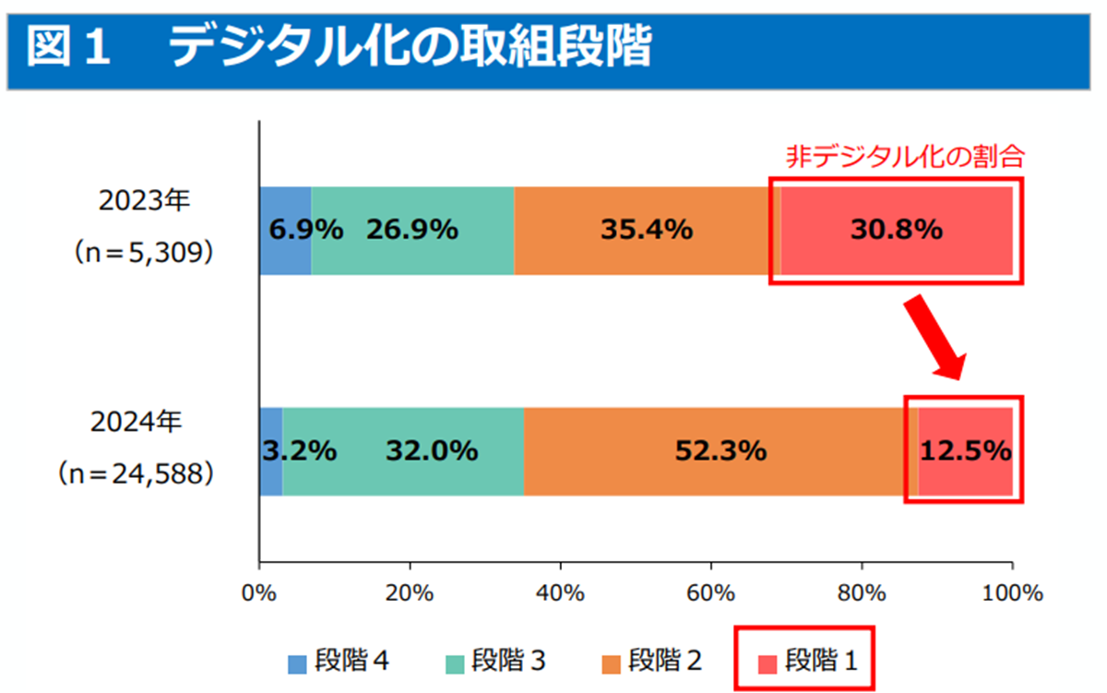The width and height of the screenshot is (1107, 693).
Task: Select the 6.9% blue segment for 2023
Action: [x=286, y=231]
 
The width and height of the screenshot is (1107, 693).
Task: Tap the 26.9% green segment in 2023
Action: [x=411, y=231]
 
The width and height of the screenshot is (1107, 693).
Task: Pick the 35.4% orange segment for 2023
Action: [x=646, y=231]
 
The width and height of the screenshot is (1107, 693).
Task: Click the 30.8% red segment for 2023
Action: [x=896, y=231]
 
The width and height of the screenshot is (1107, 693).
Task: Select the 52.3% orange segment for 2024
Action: [x=720, y=451]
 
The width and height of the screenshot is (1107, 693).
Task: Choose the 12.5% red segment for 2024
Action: [x=965, y=451]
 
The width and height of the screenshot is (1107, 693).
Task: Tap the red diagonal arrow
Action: [x=934, y=337]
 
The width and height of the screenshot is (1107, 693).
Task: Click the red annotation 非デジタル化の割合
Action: [x=905, y=156]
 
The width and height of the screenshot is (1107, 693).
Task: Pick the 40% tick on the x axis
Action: [x=561, y=591]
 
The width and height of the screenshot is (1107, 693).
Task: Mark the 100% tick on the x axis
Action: [x=1012, y=591]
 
